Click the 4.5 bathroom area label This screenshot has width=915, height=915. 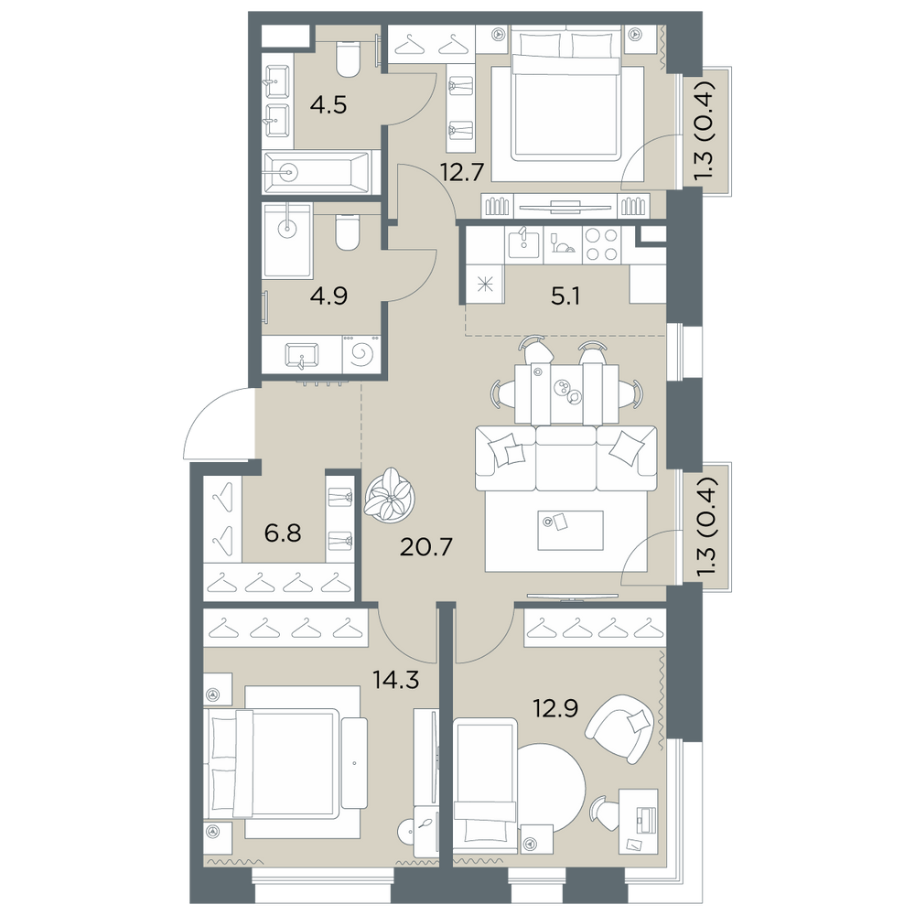(x=329, y=105)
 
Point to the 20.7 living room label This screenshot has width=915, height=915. (x=426, y=547)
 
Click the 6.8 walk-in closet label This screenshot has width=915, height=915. (x=283, y=533)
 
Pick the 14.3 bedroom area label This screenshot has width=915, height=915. (x=396, y=680)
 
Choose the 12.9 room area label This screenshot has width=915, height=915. (x=555, y=708)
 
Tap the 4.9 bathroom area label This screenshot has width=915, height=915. (x=329, y=296)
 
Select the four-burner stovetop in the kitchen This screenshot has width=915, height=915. (x=601, y=245)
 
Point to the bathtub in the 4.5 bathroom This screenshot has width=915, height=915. (x=317, y=172)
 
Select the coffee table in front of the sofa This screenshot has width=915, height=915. (x=570, y=530)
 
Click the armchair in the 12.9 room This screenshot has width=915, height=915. (x=619, y=728)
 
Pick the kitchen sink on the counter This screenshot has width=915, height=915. (x=523, y=244)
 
